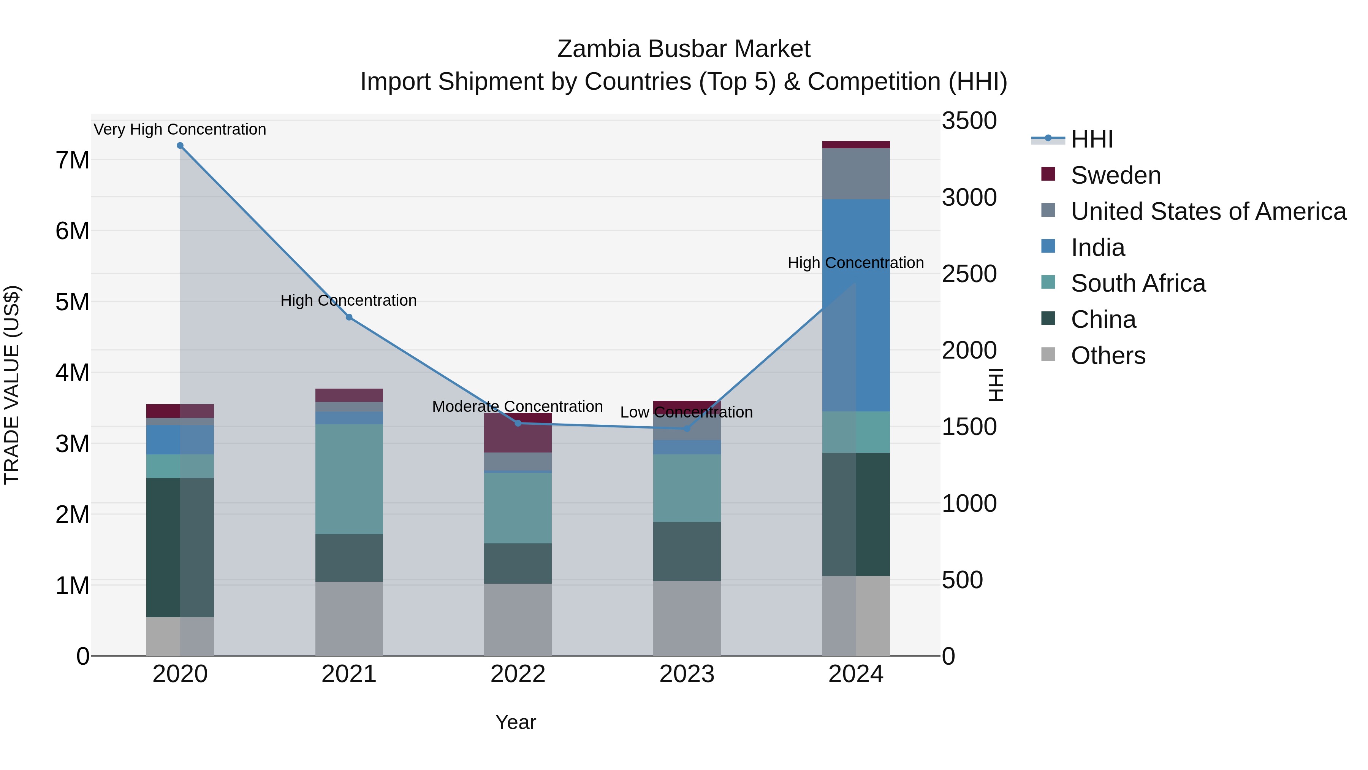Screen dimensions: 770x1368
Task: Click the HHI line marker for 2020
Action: coord(180,146)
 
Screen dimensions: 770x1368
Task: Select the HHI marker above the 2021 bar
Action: coord(349,317)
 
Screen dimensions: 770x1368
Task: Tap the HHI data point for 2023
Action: coord(687,428)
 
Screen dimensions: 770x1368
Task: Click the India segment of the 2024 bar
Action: coord(856,305)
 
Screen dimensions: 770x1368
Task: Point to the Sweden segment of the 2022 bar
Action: coord(518,433)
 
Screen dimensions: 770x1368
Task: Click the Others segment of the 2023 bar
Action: coord(687,618)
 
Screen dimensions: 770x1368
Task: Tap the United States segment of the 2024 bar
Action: coord(856,174)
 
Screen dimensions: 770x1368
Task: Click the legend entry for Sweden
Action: coord(1115,175)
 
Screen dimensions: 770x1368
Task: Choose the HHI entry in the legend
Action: coord(1091,139)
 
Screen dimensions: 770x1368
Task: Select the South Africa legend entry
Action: coord(1137,283)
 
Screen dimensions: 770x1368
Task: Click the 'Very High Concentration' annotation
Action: coord(180,129)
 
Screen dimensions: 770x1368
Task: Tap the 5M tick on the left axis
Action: coord(72,302)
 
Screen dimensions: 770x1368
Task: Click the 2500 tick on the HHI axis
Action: coord(969,274)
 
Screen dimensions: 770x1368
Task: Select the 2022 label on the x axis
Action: coord(518,674)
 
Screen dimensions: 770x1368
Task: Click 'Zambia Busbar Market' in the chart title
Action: coord(684,49)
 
